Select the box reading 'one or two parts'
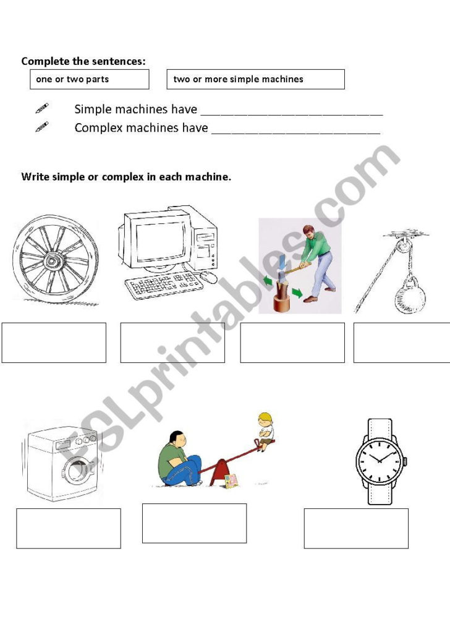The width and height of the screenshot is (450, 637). (90, 79)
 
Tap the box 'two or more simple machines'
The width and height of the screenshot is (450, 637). (255, 79)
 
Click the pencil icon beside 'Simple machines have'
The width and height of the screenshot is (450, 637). (41, 109)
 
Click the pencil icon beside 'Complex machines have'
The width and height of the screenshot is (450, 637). (41, 127)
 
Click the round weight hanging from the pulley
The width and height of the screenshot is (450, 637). (410, 298)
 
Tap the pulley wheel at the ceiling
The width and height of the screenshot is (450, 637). (402, 247)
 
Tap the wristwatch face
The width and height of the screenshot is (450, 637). (378, 460)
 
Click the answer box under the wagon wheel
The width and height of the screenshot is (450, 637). (54, 342)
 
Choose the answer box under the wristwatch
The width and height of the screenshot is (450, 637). (356, 528)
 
